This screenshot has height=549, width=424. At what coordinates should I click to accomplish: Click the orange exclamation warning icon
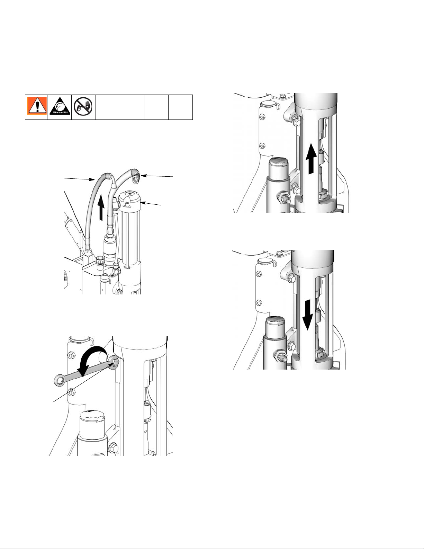(x=36, y=107)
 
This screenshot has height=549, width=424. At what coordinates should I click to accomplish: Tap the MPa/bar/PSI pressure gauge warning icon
(x=59, y=107)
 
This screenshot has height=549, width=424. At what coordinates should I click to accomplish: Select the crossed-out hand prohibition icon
(x=83, y=107)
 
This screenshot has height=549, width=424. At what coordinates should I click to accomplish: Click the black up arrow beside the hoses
(x=102, y=208)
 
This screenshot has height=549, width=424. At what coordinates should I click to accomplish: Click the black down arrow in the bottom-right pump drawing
(x=308, y=315)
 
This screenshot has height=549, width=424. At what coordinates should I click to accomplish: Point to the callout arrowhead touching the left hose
(x=92, y=180)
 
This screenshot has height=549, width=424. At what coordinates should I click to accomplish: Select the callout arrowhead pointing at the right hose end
(x=142, y=175)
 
